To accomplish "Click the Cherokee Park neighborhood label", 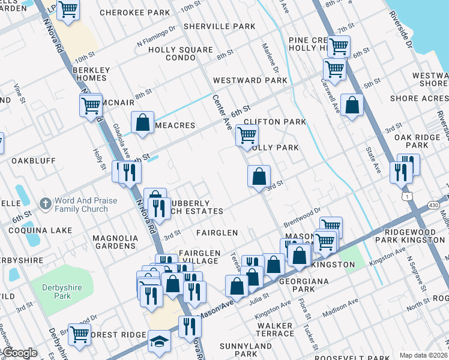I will click(x=134, y=12).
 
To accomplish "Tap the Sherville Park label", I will click(x=220, y=26).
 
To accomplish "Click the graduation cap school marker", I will click(x=159, y=341).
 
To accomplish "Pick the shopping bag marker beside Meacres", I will click(x=143, y=122).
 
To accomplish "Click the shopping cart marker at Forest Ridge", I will click(x=79, y=335).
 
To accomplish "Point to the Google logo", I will click(x=19, y=353).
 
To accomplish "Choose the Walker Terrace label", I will click(x=275, y=329).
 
